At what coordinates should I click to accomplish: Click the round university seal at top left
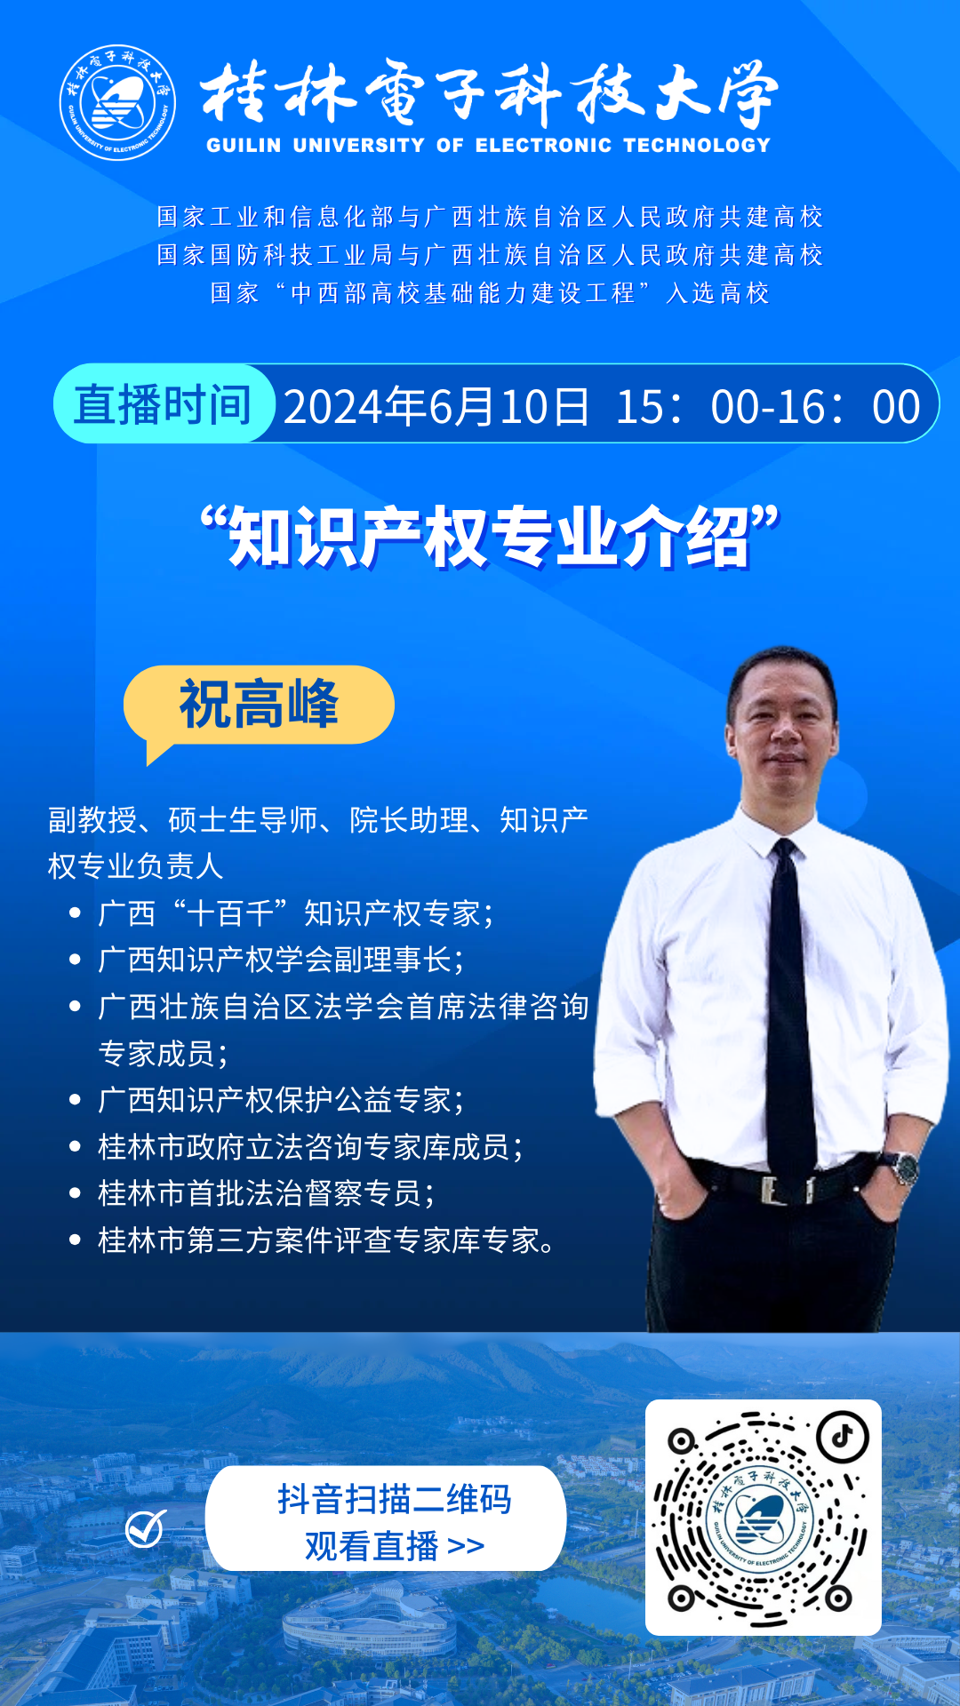coord(117,103)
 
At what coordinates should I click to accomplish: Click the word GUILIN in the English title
coord(244,146)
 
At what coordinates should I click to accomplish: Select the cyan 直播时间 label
coord(164,404)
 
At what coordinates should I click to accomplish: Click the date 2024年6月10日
coord(436,407)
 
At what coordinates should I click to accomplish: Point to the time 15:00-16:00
coord(768,407)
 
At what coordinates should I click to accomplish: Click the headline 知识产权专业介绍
coord(490,537)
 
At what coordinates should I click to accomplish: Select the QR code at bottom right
coord(763,1518)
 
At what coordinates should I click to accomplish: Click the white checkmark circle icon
coord(145,1528)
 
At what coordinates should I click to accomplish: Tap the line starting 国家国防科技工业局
coord(490,255)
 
